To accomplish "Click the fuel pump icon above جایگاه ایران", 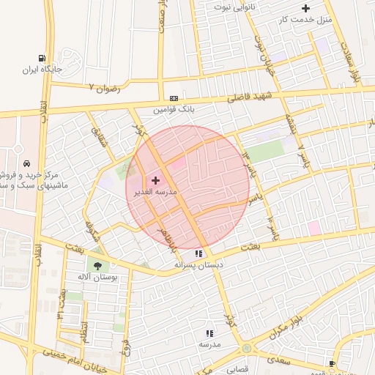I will pos(44,59).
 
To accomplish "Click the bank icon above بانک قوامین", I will pos(174,99).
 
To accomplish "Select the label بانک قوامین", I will pos(173,110).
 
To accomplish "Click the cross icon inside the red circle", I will pos(155,180).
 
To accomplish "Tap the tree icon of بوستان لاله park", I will pos(97,266).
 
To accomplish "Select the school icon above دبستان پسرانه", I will pos(198,253).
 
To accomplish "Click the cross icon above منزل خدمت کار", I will pos(305,9).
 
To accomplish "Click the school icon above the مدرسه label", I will pos(209,333).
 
